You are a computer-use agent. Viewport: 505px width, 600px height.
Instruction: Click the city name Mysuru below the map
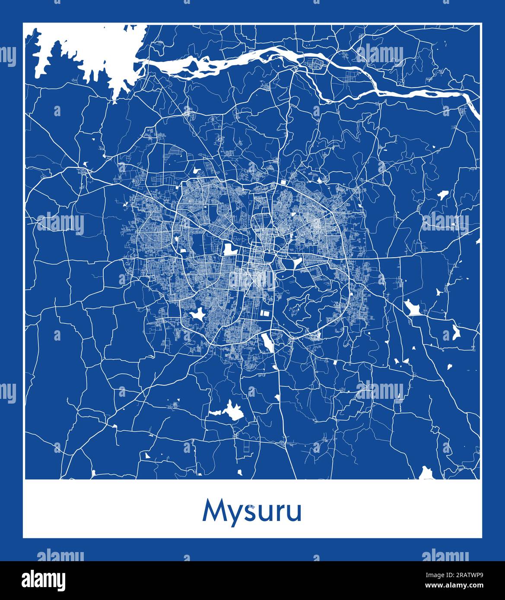252,512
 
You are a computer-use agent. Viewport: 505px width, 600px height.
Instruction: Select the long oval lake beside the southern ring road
267,343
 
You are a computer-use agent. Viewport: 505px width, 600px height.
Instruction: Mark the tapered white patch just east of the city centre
297,262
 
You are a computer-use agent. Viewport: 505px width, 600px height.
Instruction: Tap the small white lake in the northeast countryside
442,195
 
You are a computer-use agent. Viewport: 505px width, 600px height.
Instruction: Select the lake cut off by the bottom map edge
427,474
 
